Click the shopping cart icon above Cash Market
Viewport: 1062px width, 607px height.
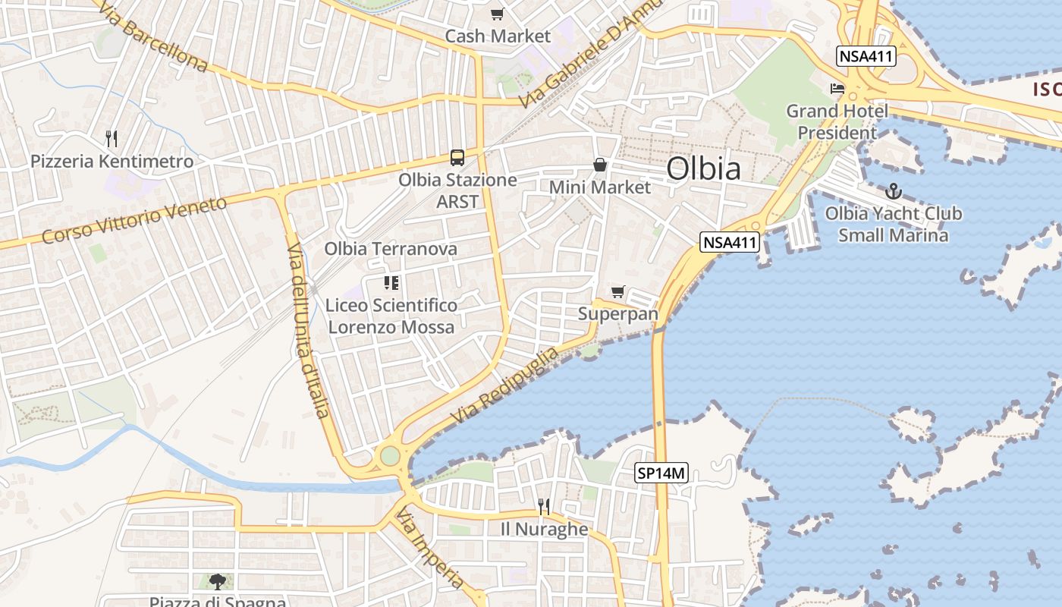497,14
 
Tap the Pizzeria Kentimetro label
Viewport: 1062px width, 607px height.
112,162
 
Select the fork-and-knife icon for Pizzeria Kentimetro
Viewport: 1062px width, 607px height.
112,138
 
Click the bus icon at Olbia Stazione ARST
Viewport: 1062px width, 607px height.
457,157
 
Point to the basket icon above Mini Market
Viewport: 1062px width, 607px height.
600,165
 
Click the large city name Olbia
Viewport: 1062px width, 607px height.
703,168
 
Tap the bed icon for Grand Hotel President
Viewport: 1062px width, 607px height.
837,89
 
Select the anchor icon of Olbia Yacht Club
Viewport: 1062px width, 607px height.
893,191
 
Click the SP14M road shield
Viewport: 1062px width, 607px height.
661,473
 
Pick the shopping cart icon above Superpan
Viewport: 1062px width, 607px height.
618,292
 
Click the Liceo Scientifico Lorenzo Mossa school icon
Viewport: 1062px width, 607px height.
391,284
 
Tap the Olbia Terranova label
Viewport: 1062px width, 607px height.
391,249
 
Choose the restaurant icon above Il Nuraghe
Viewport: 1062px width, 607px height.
543,506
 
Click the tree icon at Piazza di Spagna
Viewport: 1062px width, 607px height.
218,582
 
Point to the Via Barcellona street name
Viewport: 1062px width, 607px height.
152,35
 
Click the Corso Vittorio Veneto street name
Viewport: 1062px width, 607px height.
134,220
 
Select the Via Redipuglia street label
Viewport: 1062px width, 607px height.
504,385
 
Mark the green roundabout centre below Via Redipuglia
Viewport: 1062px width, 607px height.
389,456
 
